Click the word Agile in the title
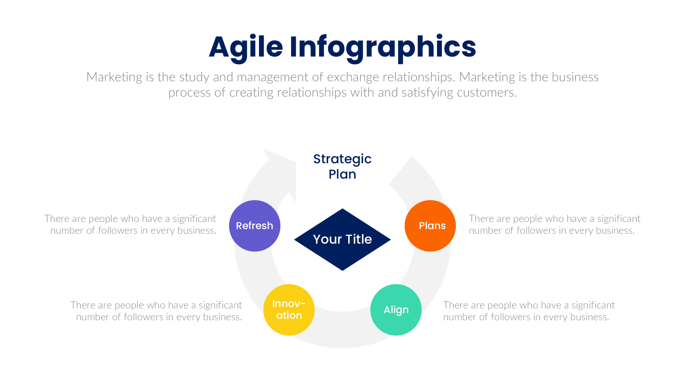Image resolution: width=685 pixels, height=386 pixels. click(246, 47)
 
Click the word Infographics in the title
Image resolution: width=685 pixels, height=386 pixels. click(382, 47)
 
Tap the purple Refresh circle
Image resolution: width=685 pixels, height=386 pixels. click(255, 226)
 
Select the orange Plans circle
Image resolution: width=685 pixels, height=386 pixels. click(430, 226)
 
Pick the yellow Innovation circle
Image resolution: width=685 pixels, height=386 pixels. click(289, 310)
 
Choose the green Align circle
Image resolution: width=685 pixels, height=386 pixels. click(396, 310)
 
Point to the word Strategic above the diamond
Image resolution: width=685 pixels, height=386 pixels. click(342, 159)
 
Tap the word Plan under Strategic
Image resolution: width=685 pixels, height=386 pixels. click(342, 174)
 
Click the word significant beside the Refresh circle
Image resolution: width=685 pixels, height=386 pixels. click(194, 219)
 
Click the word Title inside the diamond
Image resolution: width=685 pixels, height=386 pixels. click(359, 239)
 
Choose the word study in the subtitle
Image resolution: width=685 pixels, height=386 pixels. click(194, 77)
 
